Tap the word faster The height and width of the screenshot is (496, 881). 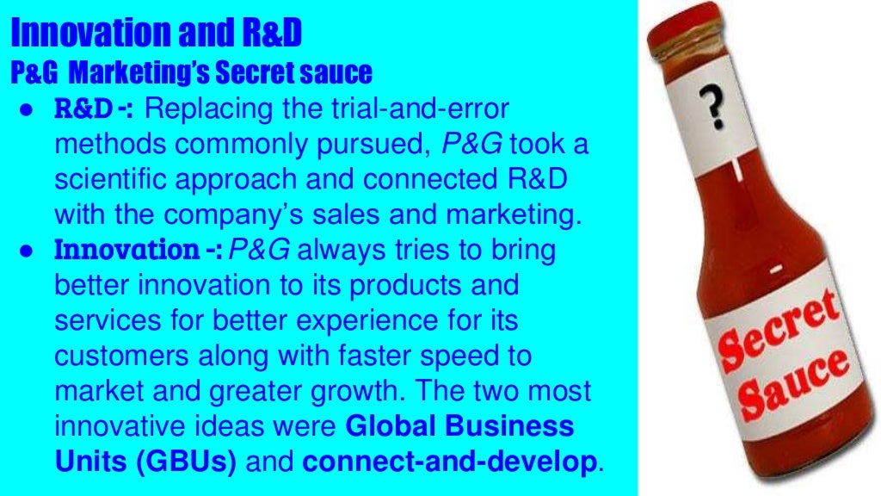tap(394, 356)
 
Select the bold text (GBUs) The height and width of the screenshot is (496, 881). tap(182, 462)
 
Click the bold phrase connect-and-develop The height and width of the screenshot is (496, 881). tap(449, 462)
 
